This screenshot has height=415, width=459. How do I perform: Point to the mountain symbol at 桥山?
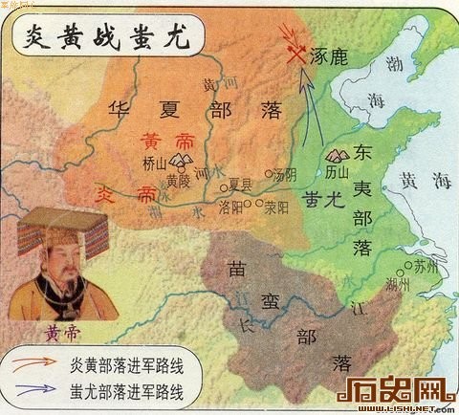pos(156,151)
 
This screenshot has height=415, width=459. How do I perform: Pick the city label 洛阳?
pos(232,206)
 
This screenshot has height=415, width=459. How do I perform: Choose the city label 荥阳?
pos(275,205)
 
